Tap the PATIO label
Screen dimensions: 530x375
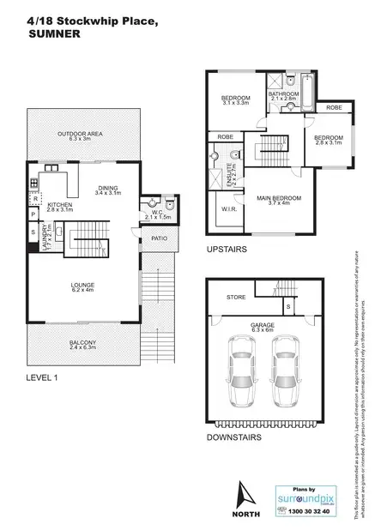(158, 239)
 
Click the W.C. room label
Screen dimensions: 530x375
(148, 213)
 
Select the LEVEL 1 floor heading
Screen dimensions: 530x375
(40, 376)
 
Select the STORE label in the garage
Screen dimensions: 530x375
(237, 298)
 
